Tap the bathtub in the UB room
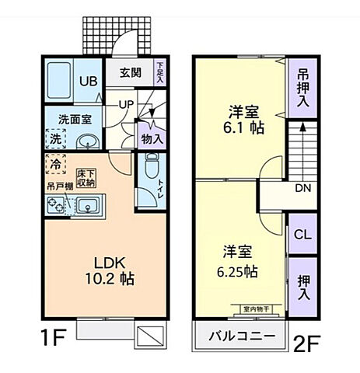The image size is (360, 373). click(58, 78)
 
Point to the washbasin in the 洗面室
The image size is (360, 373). click(88, 141)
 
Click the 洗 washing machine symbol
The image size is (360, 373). click(56, 140)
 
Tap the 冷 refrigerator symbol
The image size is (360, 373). click(56, 165)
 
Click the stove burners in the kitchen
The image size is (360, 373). click(57, 206)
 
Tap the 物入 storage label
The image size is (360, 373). click(152, 138)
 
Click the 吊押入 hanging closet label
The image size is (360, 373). click(302, 85)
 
